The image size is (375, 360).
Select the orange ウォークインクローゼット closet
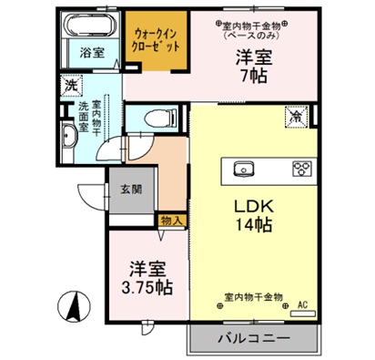click(156, 38)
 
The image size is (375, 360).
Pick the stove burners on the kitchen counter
click(301, 168)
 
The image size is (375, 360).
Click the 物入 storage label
click(173, 219)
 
